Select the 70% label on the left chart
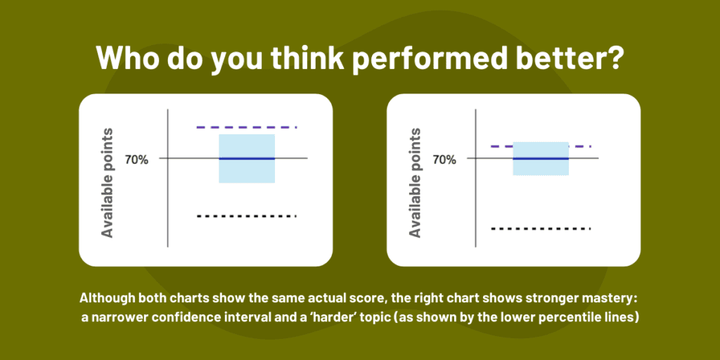pos(136,160)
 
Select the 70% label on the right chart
pos(444,160)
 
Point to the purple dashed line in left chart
pos(246,127)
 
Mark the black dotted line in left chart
pos(246,216)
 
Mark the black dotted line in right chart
pos(540,229)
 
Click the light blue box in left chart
pos(246,172)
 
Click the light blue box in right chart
pos(540,167)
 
